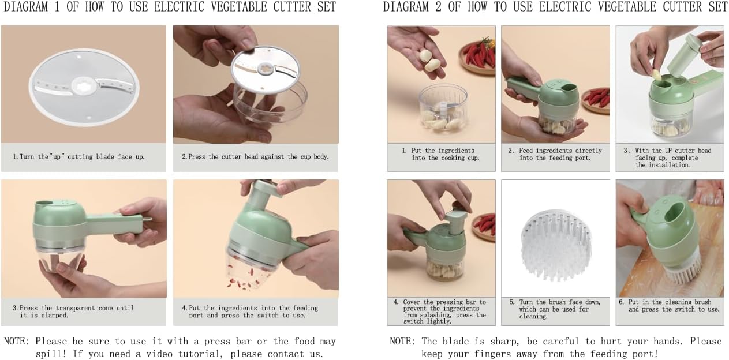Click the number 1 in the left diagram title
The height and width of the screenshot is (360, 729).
tap(57, 7)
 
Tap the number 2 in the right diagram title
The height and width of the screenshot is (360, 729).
tap(438, 7)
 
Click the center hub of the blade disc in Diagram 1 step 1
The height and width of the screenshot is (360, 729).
tap(84, 86)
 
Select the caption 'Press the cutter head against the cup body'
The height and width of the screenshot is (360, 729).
tap(255, 157)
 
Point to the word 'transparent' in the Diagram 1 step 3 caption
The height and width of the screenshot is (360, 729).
tap(76, 308)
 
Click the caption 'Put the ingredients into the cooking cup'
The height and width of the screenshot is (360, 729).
tap(441, 154)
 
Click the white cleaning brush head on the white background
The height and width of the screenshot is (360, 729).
tap(556, 245)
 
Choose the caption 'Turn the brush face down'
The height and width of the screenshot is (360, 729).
tap(555, 309)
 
